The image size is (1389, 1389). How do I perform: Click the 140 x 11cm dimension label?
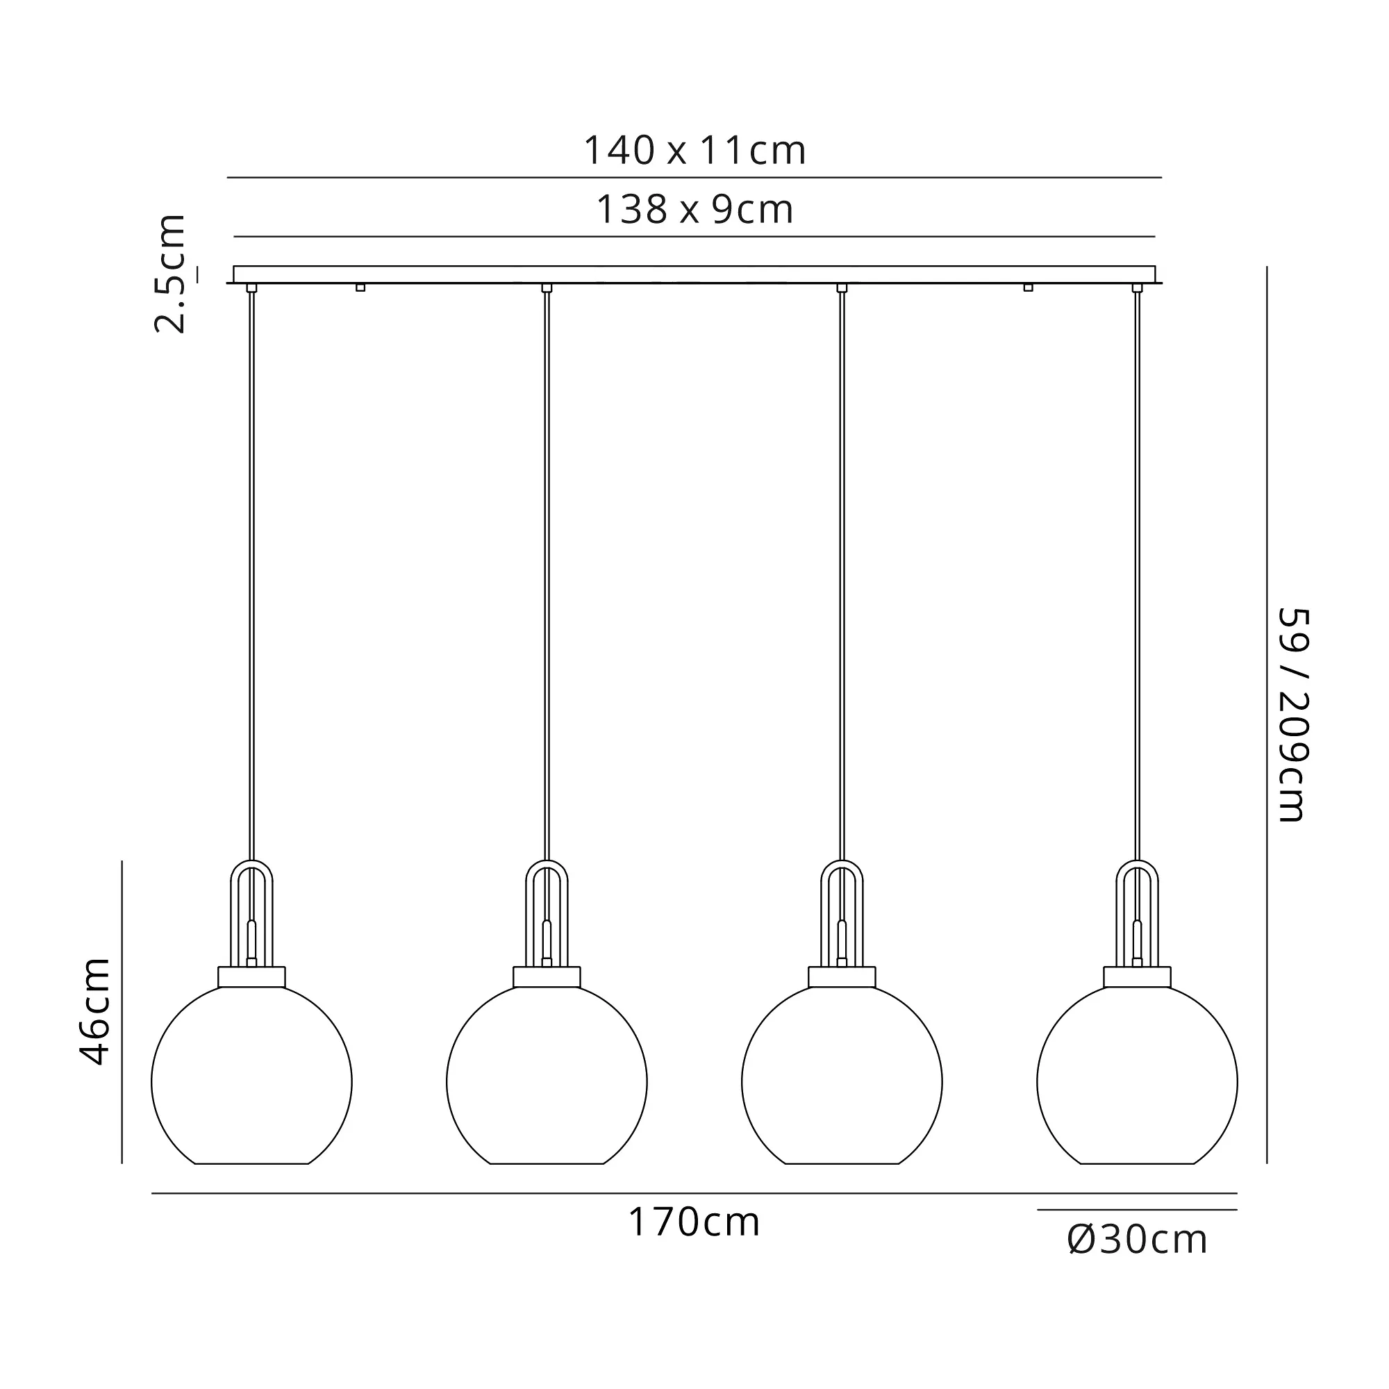pos(694,151)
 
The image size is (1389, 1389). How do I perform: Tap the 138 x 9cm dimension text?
pos(694,210)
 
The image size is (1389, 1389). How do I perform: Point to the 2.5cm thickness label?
pos(171,274)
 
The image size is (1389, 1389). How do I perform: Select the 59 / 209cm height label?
pos(1292,715)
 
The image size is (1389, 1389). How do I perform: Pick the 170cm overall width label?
pos(694,1222)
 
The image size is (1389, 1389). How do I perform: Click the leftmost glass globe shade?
pos(251,1074)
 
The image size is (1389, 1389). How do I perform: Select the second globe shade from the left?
pos(547,1074)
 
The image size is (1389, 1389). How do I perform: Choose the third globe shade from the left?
pos(842,1074)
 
